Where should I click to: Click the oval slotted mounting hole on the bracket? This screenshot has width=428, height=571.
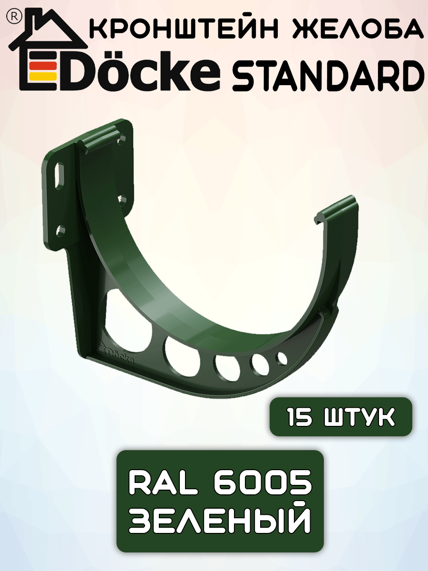(60, 176)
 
